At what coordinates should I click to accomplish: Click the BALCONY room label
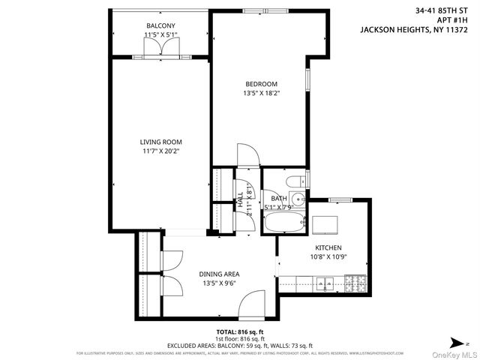coord(160,26)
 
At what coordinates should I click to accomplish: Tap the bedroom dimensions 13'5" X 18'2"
coord(261,94)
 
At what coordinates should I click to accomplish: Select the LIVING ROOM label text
coord(160,142)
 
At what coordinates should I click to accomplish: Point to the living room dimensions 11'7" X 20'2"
coord(160,151)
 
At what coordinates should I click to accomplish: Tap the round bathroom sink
coord(298,199)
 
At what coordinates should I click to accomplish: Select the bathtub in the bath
coord(285,221)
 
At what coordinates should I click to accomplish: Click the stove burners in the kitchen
coord(355,283)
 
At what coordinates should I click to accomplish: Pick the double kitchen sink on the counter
coord(325,283)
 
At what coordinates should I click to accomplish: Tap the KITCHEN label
coord(328,248)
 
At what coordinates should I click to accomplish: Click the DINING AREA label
coord(219,274)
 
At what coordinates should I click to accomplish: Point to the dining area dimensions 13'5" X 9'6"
coord(219,284)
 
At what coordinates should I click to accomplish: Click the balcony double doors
coord(161,47)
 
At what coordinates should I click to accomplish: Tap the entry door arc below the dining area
coord(253,304)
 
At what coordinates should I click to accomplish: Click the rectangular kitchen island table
coord(325,225)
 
